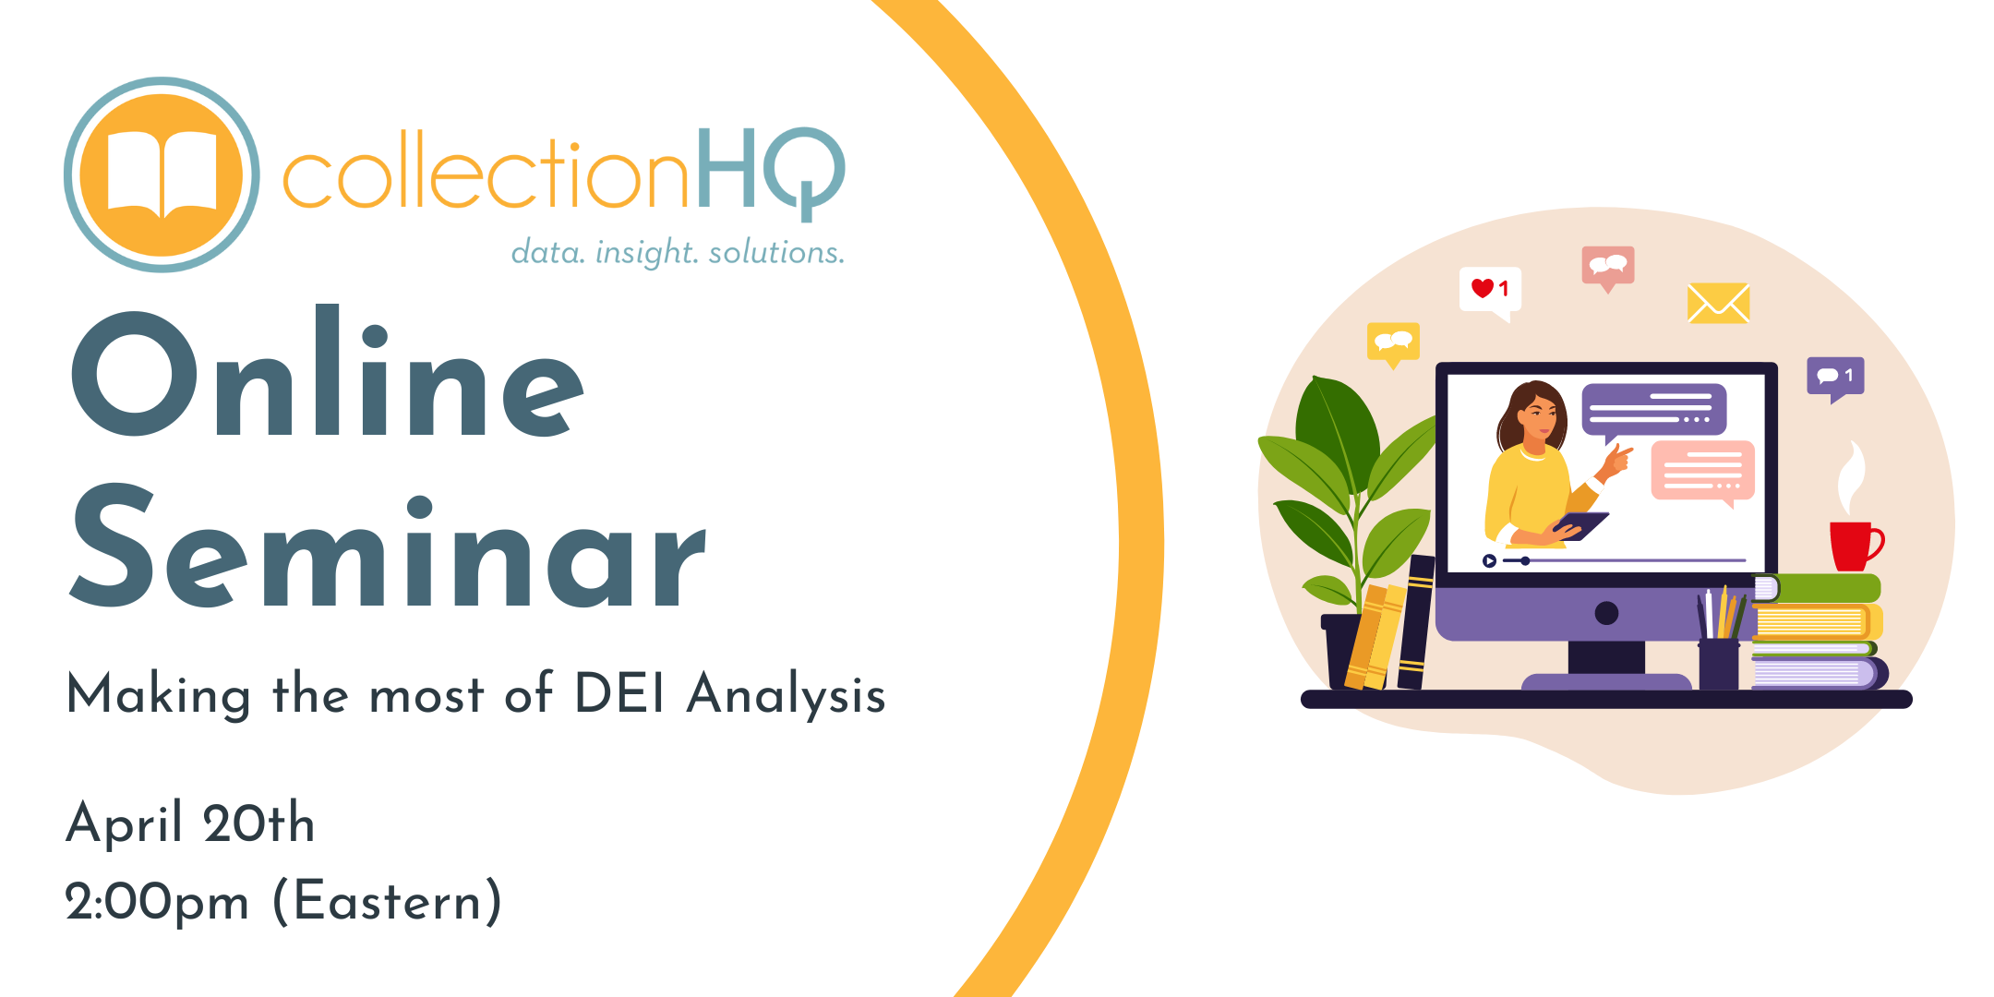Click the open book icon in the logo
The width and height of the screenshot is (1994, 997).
click(162, 174)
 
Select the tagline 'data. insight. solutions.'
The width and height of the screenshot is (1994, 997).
click(678, 252)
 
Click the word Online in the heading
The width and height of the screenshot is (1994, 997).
click(328, 372)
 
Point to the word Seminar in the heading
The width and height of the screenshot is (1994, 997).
click(388, 547)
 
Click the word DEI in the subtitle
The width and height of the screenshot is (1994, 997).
click(619, 693)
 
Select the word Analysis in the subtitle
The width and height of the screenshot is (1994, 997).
click(787, 695)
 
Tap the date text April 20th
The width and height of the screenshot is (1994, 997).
click(190, 823)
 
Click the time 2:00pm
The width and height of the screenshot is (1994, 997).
click(157, 902)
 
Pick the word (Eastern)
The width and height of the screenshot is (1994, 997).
click(388, 902)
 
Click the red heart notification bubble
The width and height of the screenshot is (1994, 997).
click(1490, 293)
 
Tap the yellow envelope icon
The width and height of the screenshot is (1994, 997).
click(1718, 303)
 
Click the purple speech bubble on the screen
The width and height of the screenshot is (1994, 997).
click(1653, 412)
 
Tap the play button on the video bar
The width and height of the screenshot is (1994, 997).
click(1489, 560)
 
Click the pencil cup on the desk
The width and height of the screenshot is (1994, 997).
click(1719, 663)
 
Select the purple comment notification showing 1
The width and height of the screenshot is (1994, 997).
click(1835, 378)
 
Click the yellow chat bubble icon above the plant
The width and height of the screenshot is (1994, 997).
click(1393, 343)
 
